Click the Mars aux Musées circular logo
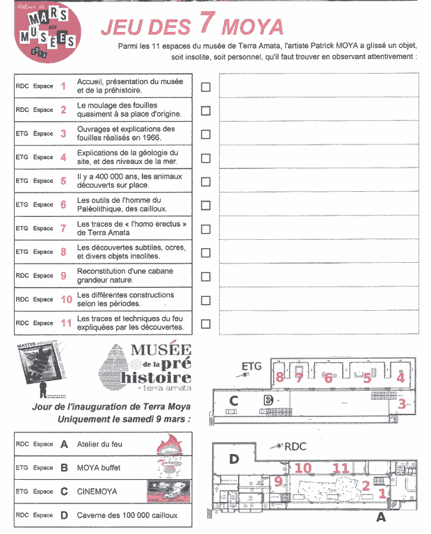point(47,34)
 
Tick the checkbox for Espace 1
point(206,87)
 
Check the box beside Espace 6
point(206,205)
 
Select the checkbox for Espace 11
point(206,323)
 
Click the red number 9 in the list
point(63,276)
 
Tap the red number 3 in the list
point(63,133)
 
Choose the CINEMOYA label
point(97,492)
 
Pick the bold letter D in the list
point(65,515)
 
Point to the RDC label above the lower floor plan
point(295,447)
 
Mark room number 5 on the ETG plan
point(366,378)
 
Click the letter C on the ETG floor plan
point(234,400)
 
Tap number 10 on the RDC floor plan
point(303,468)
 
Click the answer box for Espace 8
point(319,252)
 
